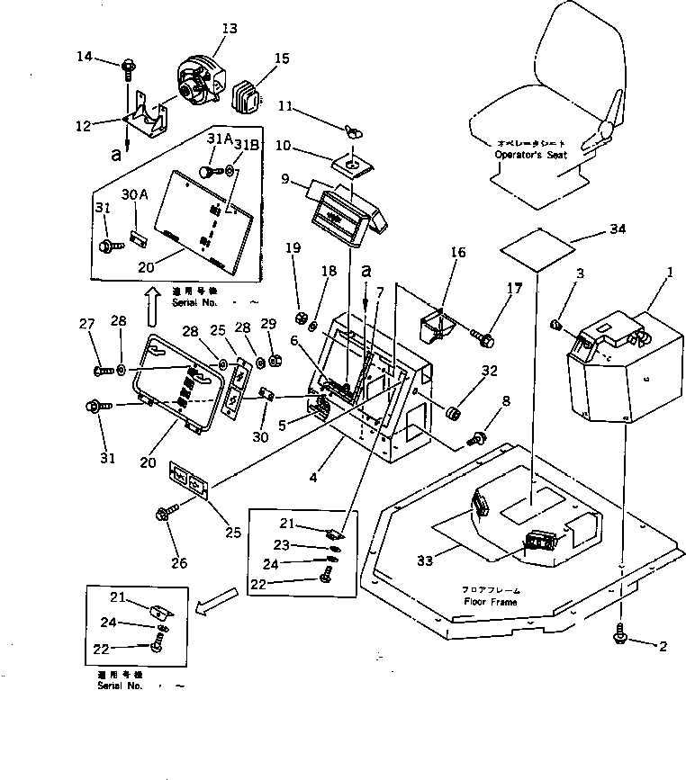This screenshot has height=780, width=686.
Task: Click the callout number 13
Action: tap(229, 29)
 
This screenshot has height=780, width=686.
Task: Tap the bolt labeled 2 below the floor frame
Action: tap(621, 636)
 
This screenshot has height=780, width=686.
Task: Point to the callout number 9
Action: tap(286, 178)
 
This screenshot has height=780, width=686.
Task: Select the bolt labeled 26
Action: tap(164, 515)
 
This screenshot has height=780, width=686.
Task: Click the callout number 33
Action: tap(424, 560)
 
